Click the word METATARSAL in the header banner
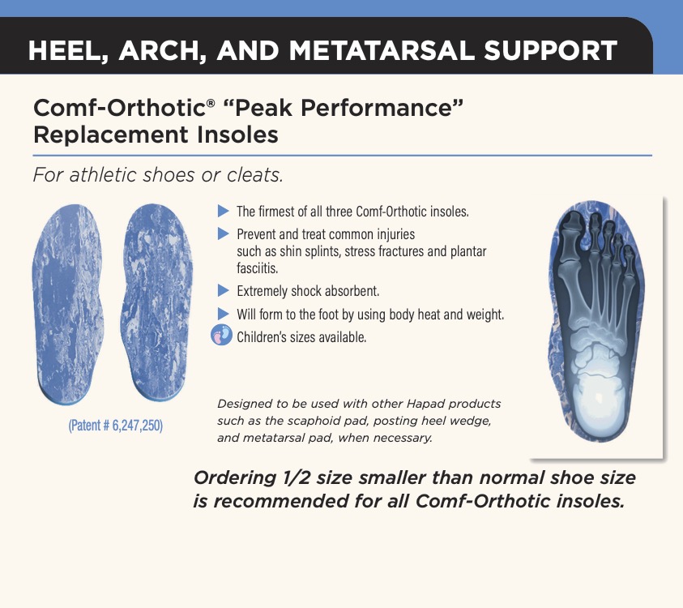coord(381,50)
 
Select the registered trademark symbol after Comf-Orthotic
coord(211,103)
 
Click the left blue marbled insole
coord(68,304)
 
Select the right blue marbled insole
coord(157,302)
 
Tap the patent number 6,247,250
coord(137,425)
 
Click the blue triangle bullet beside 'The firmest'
coord(223,211)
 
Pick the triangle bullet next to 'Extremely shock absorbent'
coord(223,290)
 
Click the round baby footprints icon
coord(221,335)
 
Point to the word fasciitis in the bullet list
coord(257,268)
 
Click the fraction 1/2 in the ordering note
coord(296,478)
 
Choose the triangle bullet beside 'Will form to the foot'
coord(223,314)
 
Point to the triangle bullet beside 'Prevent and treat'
coord(223,233)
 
